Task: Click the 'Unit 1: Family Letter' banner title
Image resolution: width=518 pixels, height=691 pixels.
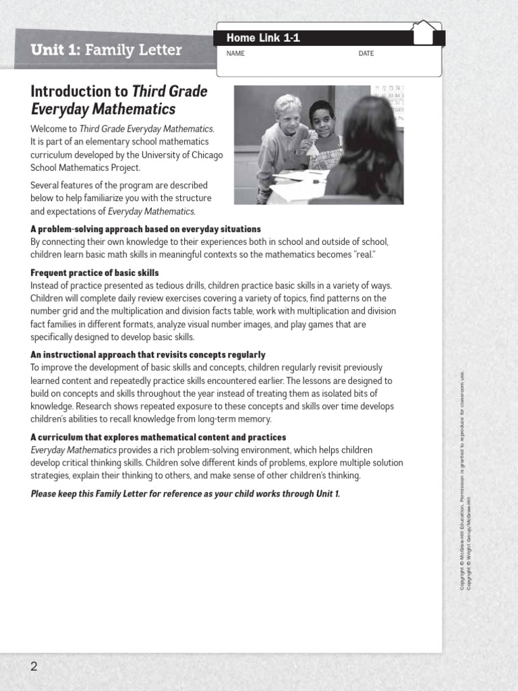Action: [x=106, y=51]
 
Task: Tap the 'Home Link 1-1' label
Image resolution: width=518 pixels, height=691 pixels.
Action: [x=263, y=38]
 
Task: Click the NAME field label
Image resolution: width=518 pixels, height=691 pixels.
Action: [x=235, y=54]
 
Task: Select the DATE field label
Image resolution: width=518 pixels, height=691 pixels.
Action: [x=366, y=54]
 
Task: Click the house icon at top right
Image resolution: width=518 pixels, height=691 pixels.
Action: [x=424, y=32]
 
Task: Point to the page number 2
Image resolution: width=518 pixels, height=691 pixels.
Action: [x=34, y=667]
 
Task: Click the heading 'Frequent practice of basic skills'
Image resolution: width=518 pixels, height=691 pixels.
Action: [x=94, y=273]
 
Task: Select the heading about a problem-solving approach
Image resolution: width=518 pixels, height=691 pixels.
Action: [x=146, y=229]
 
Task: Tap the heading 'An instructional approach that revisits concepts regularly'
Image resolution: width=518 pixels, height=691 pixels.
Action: [x=148, y=355]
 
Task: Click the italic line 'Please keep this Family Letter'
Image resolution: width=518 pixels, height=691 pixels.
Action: [x=185, y=493]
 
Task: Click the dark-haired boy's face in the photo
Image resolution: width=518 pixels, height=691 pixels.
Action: [x=322, y=118]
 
